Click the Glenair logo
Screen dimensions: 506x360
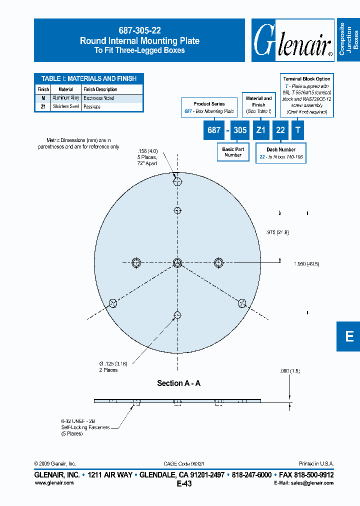(x=293, y=40)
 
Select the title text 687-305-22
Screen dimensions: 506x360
(x=139, y=30)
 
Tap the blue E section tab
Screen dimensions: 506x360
(x=349, y=336)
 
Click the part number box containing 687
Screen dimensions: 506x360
(x=214, y=130)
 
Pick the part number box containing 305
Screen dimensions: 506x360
(x=240, y=130)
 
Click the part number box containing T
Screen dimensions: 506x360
(x=298, y=130)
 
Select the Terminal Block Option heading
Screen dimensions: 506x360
(x=306, y=79)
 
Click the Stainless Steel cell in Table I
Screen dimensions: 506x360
(x=66, y=106)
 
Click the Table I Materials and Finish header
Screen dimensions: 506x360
(x=89, y=78)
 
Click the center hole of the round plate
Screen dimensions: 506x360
(x=177, y=262)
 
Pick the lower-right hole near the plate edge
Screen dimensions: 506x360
(x=242, y=302)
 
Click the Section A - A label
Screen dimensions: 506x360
(x=178, y=383)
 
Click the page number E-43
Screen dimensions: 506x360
(x=184, y=483)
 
